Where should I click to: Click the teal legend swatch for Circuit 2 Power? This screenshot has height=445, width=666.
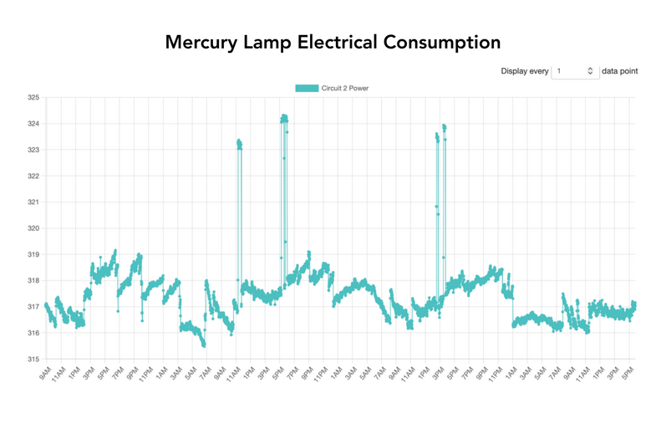point(306,88)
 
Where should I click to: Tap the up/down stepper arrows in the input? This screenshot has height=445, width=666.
point(591,71)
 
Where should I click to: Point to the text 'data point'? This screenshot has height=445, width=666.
point(620,71)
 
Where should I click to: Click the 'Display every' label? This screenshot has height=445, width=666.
point(525,71)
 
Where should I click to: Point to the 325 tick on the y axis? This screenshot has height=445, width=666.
point(33,98)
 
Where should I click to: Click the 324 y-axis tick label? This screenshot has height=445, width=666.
point(33,124)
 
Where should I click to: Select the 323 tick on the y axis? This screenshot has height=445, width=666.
point(33,150)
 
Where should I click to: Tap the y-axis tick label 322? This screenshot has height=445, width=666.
point(33,176)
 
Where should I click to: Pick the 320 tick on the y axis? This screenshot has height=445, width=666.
point(33,228)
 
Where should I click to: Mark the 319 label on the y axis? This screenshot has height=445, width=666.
point(33,254)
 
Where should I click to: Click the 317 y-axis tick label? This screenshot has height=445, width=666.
point(33,307)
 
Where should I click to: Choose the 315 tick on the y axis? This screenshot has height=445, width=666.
point(33,359)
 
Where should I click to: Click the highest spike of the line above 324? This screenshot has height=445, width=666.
point(284,116)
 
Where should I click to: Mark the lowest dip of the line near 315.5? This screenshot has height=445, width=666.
point(204,345)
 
